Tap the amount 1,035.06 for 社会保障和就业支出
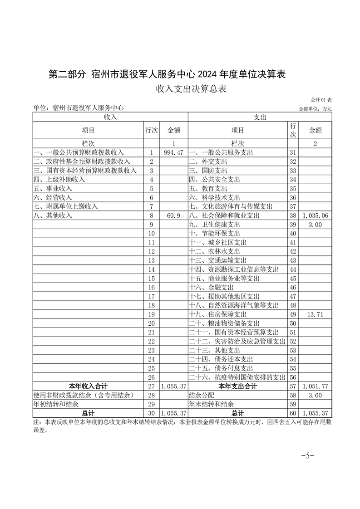[315, 215]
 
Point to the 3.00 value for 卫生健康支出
[315, 225]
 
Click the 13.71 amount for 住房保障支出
[315, 314]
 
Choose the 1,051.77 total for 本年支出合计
[315, 386]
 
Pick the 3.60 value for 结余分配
[315, 395]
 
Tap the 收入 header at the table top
[110, 117]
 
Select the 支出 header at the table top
[260, 117]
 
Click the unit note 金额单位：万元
[316, 109]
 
